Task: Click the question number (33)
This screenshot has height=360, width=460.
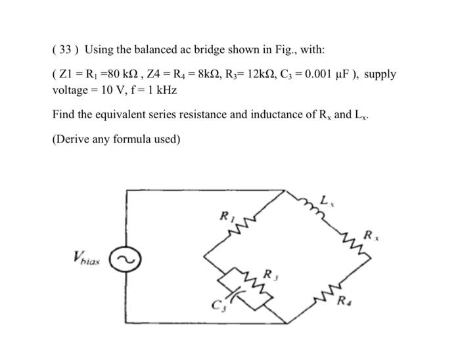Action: pyautogui.click(x=64, y=50)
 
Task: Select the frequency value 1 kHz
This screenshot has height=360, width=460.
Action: pyautogui.click(x=161, y=89)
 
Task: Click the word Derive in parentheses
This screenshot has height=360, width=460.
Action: pyautogui.click(x=74, y=139)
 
